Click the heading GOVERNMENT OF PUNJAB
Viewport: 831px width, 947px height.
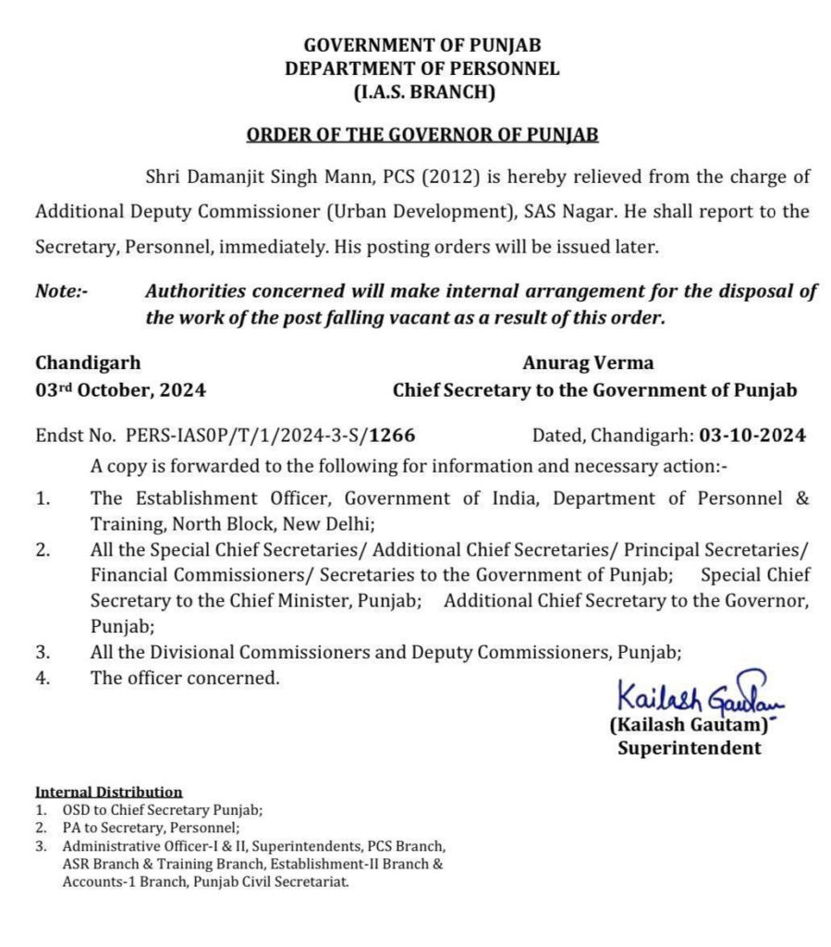coord(422,44)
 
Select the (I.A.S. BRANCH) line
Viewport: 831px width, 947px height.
coord(422,92)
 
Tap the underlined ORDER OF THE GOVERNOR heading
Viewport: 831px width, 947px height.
coord(422,135)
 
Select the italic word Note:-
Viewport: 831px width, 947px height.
coord(61,291)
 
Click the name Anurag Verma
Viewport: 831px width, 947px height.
coord(588,363)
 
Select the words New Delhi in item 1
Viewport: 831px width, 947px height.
coord(327,524)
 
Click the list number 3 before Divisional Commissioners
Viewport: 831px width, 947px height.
coord(43,652)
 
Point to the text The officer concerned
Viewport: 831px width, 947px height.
coord(185,678)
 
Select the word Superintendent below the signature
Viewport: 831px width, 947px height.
coord(690,749)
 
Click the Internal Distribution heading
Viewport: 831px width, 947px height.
coord(108,792)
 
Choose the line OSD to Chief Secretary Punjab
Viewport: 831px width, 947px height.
coord(163,809)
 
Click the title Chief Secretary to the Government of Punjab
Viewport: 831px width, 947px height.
coord(594,390)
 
